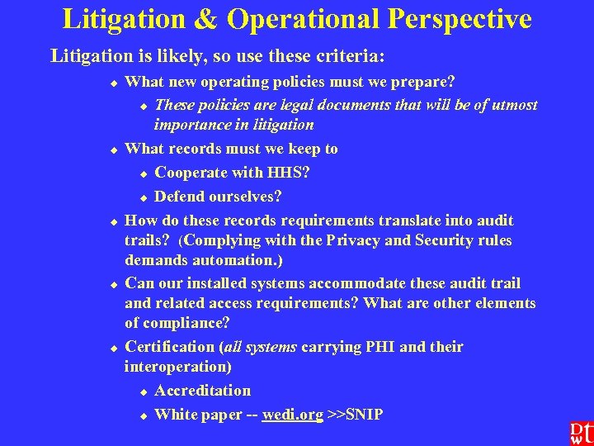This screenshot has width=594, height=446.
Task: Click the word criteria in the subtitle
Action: click(346, 56)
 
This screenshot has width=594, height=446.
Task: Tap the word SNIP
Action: click(363, 414)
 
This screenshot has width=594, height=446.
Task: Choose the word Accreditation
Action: click(203, 390)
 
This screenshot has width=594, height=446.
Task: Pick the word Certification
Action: click(167, 347)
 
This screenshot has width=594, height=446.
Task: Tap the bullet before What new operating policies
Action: click(115, 83)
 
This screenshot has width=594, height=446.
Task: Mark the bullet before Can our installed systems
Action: click(115, 284)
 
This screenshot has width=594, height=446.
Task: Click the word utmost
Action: click(511, 105)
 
